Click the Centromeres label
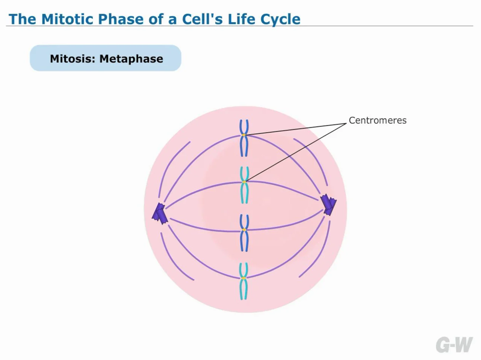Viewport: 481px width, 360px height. (377, 121)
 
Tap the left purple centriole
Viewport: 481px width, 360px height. (159, 213)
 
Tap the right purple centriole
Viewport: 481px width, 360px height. (329, 205)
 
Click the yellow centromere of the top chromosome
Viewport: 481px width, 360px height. (244, 135)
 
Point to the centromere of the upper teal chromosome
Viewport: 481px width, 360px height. (244, 182)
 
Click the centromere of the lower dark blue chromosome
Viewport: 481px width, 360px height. (244, 229)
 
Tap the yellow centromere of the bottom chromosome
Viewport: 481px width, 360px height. (244, 278)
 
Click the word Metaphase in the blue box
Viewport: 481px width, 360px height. (131, 59)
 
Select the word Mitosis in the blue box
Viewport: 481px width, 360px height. (71, 59)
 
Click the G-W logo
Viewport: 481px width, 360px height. (454, 345)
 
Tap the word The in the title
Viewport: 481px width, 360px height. (23, 19)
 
